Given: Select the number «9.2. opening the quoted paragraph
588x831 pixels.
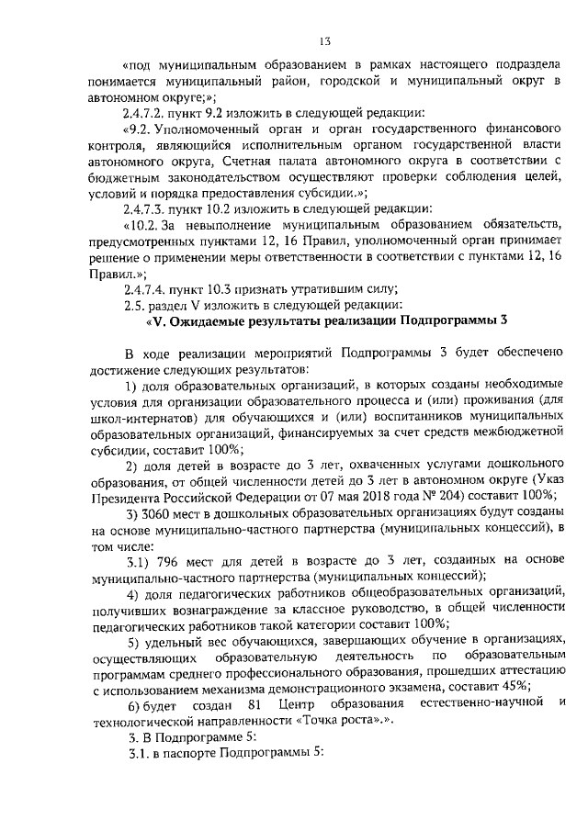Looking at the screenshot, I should point(142,129).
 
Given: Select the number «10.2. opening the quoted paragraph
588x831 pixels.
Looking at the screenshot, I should point(146,226).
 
